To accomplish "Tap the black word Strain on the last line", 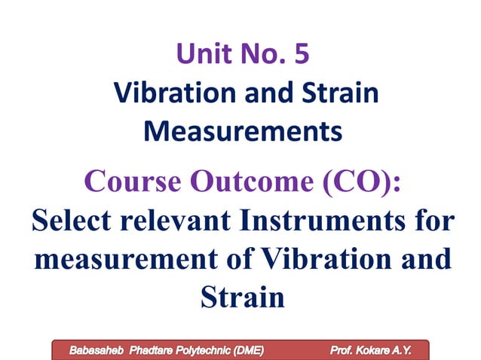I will click(x=242, y=298).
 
